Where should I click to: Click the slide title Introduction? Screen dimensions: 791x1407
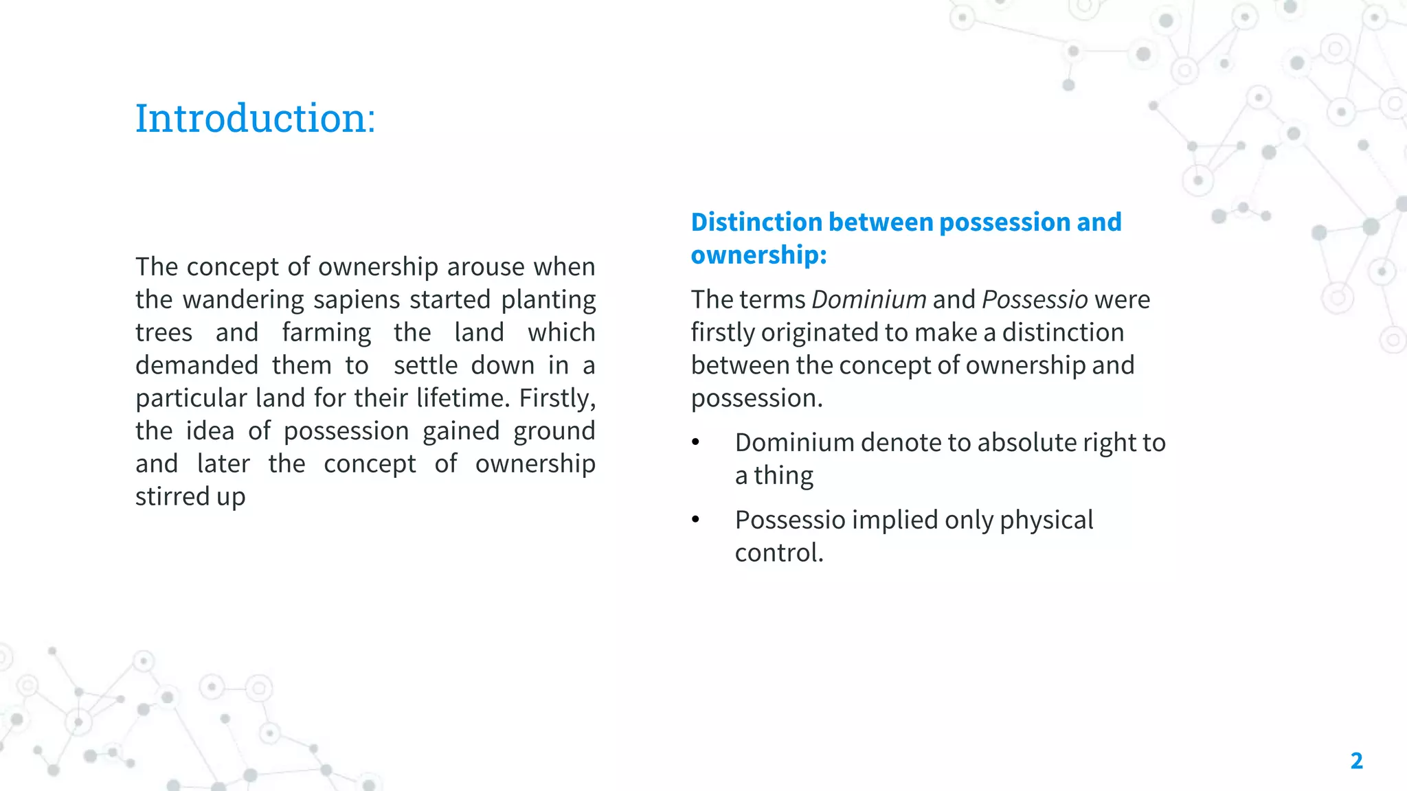(x=255, y=118)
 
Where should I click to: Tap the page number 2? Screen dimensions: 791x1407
(x=1356, y=761)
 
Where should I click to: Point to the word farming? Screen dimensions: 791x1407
(x=326, y=333)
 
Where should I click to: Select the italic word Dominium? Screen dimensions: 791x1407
(x=869, y=300)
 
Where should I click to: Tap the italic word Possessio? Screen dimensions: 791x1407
(x=1035, y=300)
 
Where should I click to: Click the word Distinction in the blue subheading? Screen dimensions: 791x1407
(x=756, y=222)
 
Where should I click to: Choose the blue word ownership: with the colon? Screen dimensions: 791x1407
(x=758, y=255)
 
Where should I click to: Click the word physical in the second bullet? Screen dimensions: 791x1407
(x=1046, y=520)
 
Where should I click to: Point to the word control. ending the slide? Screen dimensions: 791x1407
(x=779, y=553)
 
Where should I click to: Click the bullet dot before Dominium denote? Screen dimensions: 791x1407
(x=696, y=443)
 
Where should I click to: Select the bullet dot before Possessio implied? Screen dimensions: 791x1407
(x=696, y=520)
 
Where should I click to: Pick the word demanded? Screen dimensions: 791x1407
(x=196, y=365)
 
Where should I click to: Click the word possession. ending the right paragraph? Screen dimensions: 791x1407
(x=756, y=398)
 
